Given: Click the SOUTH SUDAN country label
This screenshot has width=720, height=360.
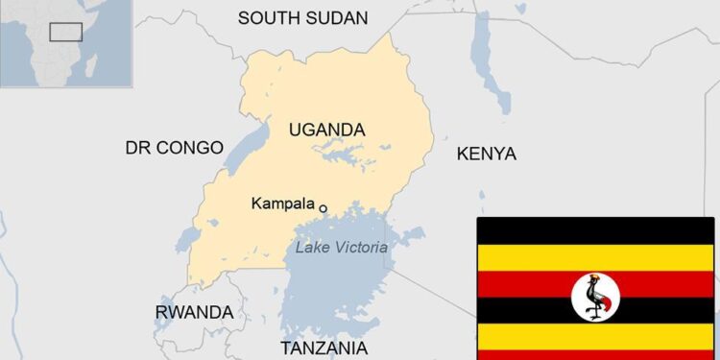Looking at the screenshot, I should (x=302, y=17).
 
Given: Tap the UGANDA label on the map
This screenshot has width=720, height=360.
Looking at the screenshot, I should (x=326, y=129).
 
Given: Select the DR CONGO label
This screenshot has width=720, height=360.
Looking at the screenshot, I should (x=174, y=148).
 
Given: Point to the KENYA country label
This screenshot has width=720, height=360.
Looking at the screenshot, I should (x=486, y=154).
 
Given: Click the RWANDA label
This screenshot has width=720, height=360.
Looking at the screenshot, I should (x=194, y=312).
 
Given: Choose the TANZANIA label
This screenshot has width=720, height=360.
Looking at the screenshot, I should (x=324, y=347).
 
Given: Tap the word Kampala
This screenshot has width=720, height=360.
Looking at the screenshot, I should (x=282, y=204).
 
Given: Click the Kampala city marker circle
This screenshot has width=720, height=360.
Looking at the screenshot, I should (x=324, y=207).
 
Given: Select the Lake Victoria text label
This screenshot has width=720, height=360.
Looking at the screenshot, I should (x=342, y=248).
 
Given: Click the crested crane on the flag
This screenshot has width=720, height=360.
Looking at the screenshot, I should (x=596, y=297).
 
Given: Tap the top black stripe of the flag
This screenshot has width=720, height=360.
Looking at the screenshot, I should (x=595, y=231).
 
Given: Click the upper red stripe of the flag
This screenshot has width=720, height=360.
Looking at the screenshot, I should (x=538, y=284).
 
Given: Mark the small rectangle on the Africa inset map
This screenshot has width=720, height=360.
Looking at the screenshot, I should (x=65, y=32).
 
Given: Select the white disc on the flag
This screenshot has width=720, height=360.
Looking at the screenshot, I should (x=595, y=297).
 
